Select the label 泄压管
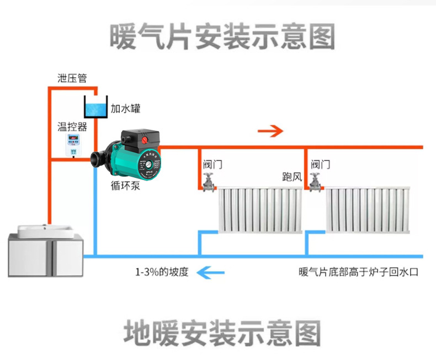coord(72,78)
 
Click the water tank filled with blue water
coord(94,107)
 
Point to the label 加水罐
coord(125,109)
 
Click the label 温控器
coord(72,126)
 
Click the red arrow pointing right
coord(270,131)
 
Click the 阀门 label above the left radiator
coord(212,165)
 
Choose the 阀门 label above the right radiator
coord(321,165)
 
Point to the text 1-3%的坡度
coord(162,272)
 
